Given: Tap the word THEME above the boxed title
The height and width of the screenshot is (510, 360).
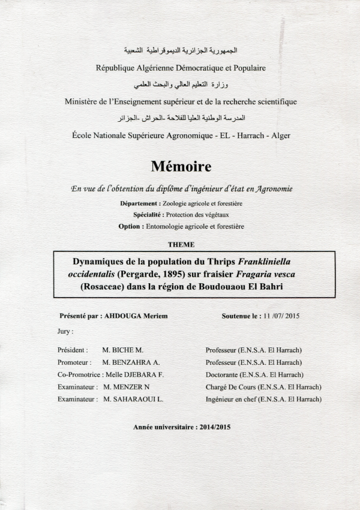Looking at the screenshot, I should (181, 244).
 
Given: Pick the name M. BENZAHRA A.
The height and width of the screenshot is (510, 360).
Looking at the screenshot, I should (130, 362).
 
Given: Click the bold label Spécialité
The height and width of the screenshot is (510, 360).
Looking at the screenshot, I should (150, 215).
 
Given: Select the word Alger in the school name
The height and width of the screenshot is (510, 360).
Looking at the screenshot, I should (280, 136).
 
